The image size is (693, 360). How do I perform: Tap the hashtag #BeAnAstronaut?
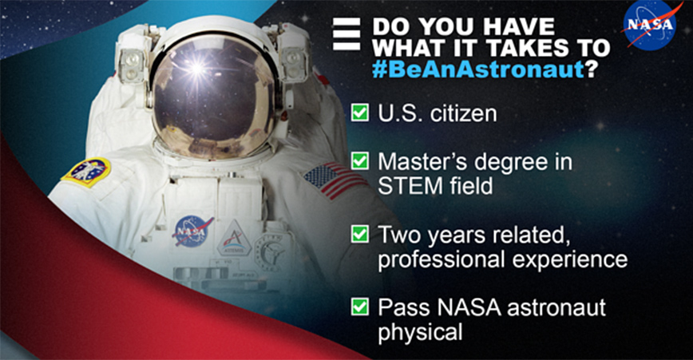479,69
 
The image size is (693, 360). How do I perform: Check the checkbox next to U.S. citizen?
360,113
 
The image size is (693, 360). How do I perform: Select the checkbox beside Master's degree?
360,160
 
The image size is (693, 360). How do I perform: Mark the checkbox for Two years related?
360,234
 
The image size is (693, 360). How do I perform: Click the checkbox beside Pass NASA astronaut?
360,307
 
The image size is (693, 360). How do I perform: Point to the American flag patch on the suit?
334,180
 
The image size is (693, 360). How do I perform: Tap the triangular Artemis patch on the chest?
234,239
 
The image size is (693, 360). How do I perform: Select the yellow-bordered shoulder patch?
85,172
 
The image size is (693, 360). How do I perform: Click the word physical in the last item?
420,332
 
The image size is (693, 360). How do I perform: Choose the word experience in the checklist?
570,259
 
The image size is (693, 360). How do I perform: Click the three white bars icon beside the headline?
346,34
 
